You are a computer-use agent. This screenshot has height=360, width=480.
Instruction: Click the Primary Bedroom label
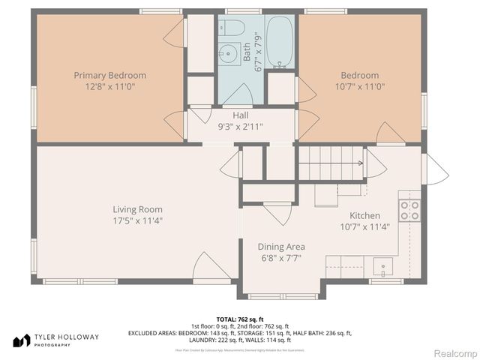coord(109,75)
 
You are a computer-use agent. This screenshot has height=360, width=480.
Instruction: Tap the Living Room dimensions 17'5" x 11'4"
coord(137,220)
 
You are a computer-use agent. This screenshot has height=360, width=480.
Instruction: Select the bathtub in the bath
coord(280,42)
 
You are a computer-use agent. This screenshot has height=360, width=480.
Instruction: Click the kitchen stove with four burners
coord(409,210)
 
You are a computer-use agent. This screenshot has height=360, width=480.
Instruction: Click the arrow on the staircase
coord(361,163)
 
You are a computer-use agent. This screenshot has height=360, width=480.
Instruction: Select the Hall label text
coord(241,115)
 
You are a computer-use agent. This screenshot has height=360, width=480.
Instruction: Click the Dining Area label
coord(281,246)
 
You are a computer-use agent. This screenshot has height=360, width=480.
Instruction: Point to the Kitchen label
coord(364,215)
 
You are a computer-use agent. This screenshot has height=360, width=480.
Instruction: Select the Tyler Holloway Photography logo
coord(55,340)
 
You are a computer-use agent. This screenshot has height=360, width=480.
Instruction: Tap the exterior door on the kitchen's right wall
coord(434,169)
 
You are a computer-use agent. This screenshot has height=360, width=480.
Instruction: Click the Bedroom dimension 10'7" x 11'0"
coord(359,86)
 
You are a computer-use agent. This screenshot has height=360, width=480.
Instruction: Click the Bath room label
coord(248,54)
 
